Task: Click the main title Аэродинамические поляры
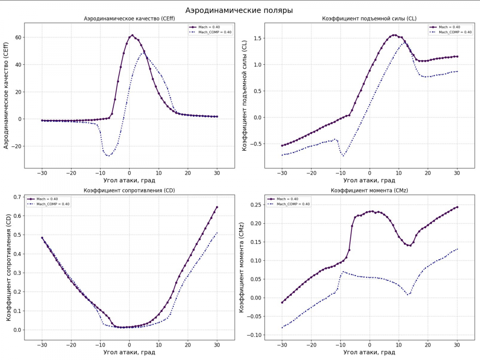pos(239,10)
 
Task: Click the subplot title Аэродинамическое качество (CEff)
pos(129,19)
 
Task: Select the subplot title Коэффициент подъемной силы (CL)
pos(369,19)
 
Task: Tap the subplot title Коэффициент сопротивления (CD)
pos(129,191)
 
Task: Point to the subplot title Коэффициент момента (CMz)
pos(369,191)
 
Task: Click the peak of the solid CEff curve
pos(132,35)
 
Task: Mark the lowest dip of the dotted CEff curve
pos(109,156)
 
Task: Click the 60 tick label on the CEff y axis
pos(17,37)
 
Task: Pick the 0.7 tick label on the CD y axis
pos(17,197)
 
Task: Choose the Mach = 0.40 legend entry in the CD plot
pos(47,199)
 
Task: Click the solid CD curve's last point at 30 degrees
pos(217,207)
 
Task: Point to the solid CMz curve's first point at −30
pos(282,302)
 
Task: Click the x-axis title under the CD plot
pos(129,353)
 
